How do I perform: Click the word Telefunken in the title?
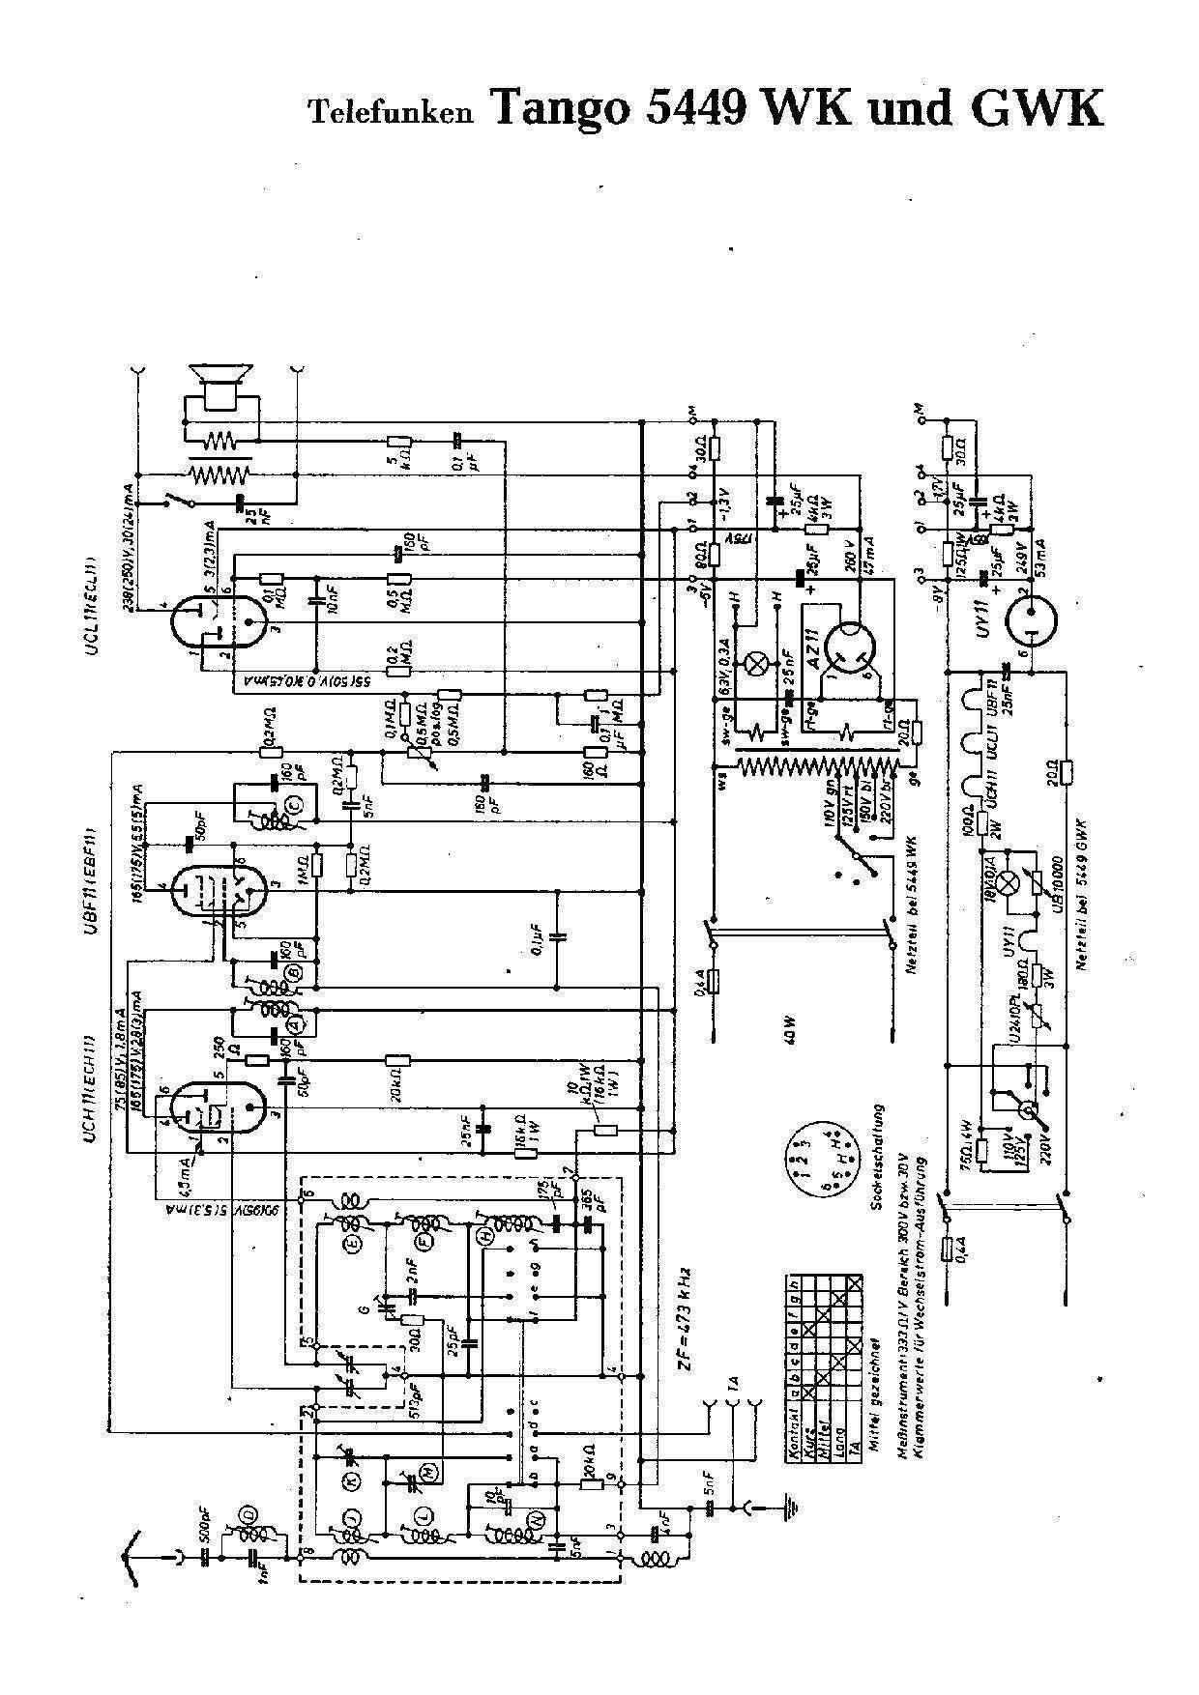click(x=390, y=113)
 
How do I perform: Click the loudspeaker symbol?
click(x=221, y=385)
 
